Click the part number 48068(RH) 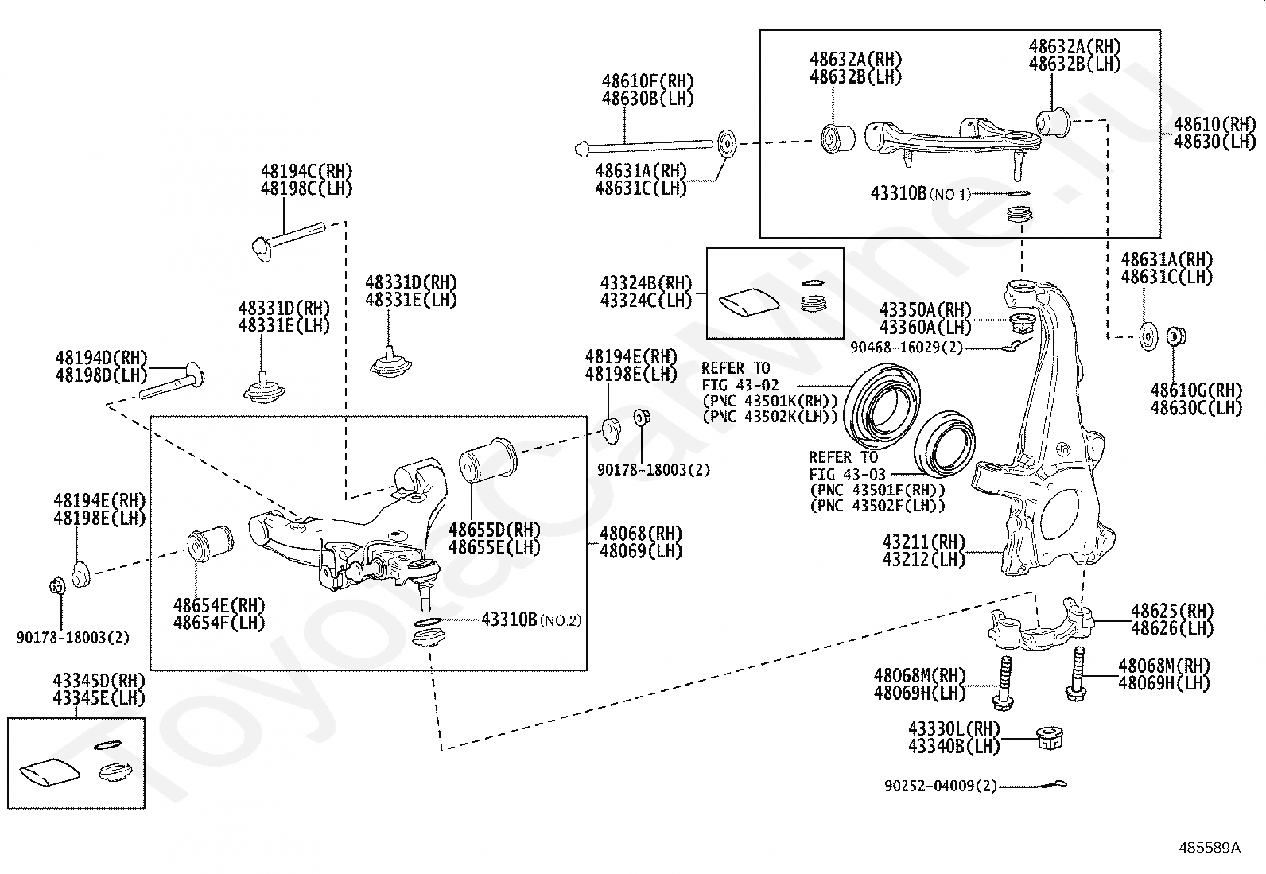[x=641, y=533]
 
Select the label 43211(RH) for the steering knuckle [x=924, y=542]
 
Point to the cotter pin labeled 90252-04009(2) [x=1053, y=784]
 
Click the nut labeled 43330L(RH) [x=1050, y=738]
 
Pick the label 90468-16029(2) [x=907, y=347]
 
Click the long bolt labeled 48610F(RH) [x=644, y=147]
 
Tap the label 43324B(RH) [x=646, y=282]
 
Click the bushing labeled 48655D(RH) [x=488, y=459]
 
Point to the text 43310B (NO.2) [x=531, y=620]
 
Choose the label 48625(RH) [x=1172, y=611]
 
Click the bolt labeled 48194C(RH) [x=288, y=242]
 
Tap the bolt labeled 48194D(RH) [x=172, y=380]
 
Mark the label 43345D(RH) [x=99, y=680]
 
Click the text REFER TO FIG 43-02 [x=740, y=376]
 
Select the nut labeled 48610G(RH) [x=1175, y=336]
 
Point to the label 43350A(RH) [x=925, y=309]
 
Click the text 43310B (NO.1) [x=921, y=193]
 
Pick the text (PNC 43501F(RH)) [x=878, y=490]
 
